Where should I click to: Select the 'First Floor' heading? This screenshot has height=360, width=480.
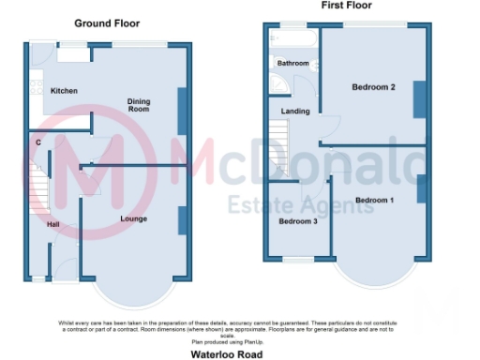pyautogui.click(x=344, y=6)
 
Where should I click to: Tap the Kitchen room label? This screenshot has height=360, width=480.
pyautogui.click(x=64, y=91)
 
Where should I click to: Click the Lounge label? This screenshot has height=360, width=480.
pyautogui.click(x=133, y=218)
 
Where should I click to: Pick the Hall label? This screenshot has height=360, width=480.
pyautogui.click(x=55, y=224)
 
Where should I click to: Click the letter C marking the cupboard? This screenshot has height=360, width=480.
pyautogui.click(x=38, y=142)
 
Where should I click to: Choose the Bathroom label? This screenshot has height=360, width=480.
pyautogui.click(x=292, y=63)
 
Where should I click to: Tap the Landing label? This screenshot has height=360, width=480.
pyautogui.click(x=296, y=112)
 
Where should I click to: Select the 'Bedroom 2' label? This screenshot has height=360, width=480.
pyautogui.click(x=373, y=87)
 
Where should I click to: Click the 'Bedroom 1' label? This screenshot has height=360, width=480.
pyautogui.click(x=375, y=201)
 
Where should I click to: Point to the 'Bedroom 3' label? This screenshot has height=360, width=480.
pyautogui.click(x=298, y=221)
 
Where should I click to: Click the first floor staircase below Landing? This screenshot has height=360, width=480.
pyautogui.click(x=280, y=156)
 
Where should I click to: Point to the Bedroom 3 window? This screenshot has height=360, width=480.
pyautogui.click(x=300, y=260)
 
